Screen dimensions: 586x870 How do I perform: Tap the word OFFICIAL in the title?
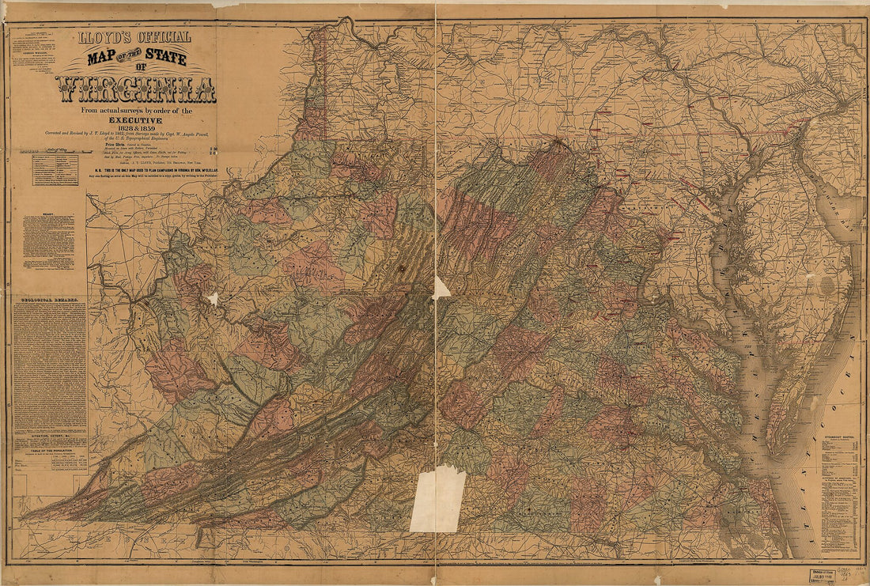165,37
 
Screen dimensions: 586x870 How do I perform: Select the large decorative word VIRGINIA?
135,89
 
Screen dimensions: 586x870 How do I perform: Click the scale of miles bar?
55,149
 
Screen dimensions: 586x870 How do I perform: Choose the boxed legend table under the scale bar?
55,169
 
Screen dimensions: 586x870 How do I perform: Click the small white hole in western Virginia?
212,299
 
